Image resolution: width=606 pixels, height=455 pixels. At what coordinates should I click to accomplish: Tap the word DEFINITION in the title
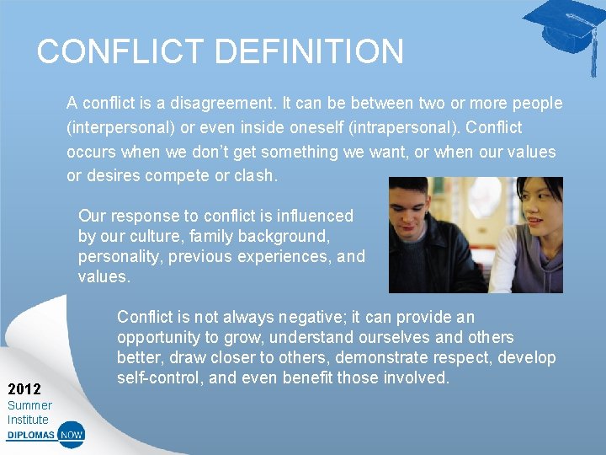[x=310, y=52]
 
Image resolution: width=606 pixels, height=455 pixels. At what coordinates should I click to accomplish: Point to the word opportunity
[x=159, y=338]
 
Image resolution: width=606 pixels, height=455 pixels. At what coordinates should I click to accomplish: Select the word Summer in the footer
[x=29, y=405]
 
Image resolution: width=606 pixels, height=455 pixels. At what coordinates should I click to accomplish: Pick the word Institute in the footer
[x=29, y=420]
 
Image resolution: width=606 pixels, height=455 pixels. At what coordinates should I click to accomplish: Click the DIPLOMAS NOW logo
[x=45, y=436]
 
